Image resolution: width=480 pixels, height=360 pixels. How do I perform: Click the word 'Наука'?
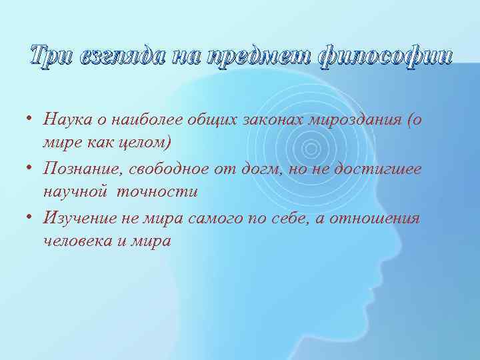[x=66, y=120]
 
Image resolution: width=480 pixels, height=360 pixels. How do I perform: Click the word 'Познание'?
[x=81, y=169]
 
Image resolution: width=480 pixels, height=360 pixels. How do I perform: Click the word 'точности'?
[x=157, y=193]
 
